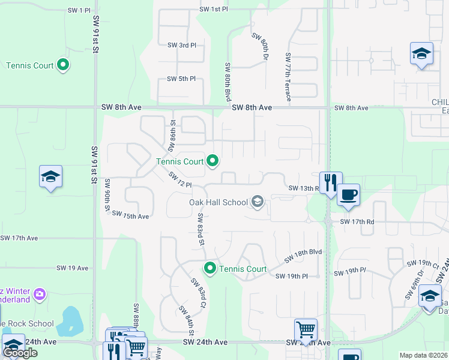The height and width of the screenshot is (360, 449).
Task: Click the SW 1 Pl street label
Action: [79, 11]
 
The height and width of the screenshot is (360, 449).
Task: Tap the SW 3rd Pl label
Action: [181, 45]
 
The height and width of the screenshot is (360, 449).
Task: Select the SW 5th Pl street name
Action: [181, 79]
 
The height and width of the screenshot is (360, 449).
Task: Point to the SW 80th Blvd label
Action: [228, 81]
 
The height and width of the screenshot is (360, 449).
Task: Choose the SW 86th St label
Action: [172, 130]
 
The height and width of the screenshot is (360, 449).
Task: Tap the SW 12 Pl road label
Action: [179, 180]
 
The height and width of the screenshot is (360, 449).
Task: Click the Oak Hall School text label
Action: [218, 202]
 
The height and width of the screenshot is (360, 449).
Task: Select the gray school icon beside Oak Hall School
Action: [258, 201]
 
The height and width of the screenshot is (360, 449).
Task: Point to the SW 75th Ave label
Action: [130, 215]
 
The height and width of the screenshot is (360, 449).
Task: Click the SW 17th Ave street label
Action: [19, 238]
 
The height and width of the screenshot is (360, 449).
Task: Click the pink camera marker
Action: [40, 294]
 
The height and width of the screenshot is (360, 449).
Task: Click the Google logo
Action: [20, 353]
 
